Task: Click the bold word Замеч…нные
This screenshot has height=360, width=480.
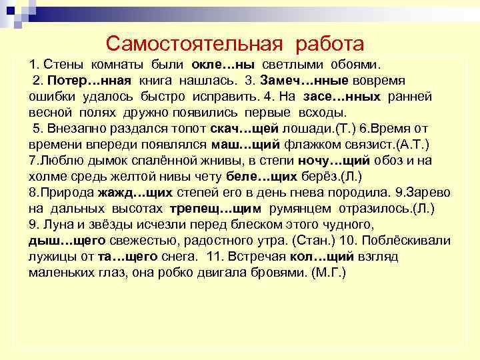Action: pos(299,81)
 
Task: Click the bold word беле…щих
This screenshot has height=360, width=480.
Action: pos(257,176)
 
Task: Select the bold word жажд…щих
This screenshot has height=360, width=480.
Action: pos(135,192)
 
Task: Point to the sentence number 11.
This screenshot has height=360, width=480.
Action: pos(213,256)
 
